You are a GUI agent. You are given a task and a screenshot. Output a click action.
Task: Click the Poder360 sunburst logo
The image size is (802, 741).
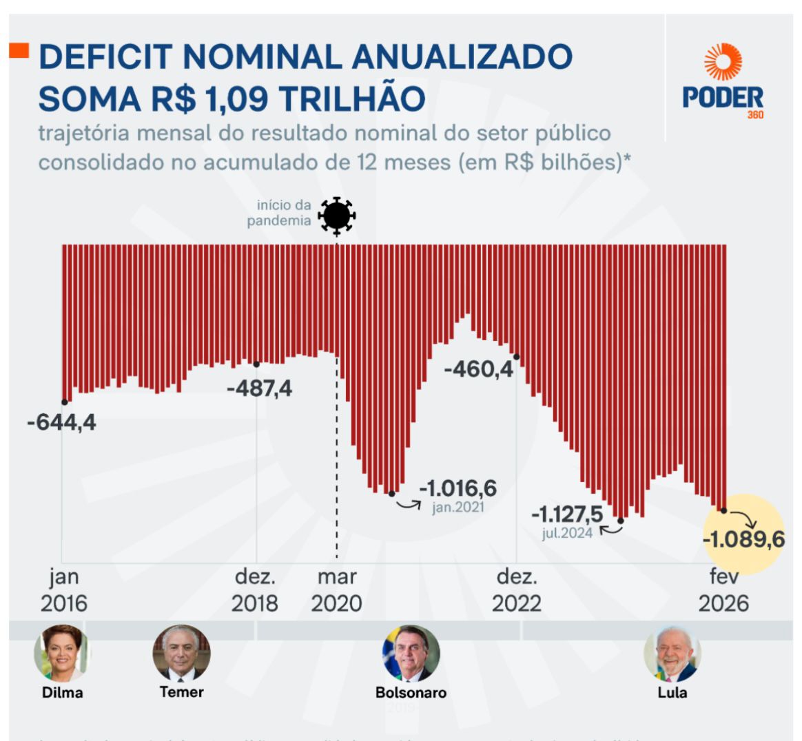pos(723,61)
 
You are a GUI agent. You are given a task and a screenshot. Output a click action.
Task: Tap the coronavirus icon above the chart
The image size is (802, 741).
pos(336,216)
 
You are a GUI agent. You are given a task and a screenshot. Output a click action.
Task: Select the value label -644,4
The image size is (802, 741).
pos(62,421)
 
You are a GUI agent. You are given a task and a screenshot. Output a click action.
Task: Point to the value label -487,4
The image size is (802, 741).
pos(259,388)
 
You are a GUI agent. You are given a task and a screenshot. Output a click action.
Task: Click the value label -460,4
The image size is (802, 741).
pos(478,369)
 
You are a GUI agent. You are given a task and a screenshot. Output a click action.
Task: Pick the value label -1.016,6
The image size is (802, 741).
pos(458,488)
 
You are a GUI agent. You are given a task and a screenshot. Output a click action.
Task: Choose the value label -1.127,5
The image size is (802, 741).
pos(567,514)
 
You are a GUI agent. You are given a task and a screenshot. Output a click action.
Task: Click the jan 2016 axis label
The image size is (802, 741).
pos(64,589)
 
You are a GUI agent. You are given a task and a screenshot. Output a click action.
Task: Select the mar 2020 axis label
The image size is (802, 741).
pos(336,589)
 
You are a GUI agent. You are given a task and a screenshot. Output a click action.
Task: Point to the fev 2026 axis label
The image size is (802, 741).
pos(723,589)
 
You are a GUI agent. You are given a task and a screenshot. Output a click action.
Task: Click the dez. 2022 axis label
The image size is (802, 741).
pos(517,589)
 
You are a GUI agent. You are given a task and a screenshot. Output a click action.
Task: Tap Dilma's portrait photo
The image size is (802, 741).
pos(62,653)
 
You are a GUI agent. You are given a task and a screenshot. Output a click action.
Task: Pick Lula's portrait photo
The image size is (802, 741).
pos(672,654)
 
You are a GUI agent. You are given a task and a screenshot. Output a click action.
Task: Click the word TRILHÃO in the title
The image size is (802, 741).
pos(352,98)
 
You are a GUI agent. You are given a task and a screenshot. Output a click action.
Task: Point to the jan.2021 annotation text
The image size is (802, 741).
pos(458,508)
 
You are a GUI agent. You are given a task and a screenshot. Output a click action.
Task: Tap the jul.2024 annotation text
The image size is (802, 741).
pos(567,532)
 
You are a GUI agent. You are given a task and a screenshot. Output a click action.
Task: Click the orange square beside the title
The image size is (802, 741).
pos(19,50)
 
